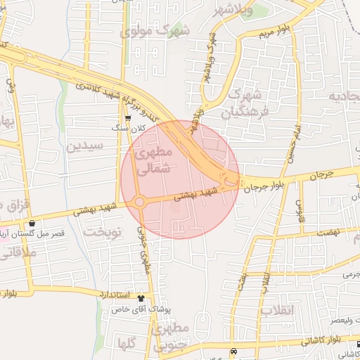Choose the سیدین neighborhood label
[x=86, y=146]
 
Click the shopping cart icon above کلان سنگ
[x=128, y=119]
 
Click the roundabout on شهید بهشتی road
[x=139, y=202]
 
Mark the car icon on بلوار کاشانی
[x=233, y=351]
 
